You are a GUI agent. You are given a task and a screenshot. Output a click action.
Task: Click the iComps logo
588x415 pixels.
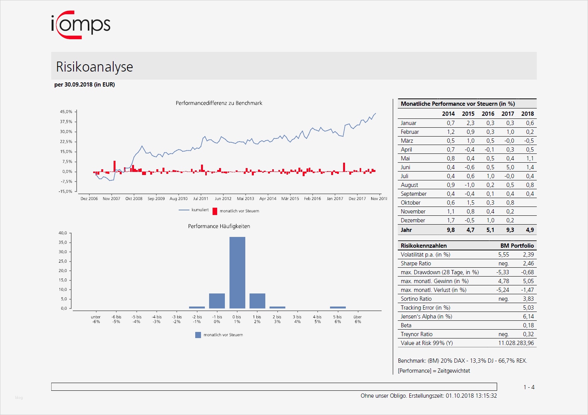coord(81,25)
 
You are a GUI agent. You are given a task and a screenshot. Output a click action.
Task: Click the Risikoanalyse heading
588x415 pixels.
coord(94,67)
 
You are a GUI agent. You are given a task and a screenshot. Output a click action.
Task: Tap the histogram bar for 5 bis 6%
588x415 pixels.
coord(338,307)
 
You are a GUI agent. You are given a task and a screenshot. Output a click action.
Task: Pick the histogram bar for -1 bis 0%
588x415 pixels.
coord(217,301)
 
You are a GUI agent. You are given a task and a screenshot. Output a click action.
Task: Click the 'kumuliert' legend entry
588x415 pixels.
coord(194,210)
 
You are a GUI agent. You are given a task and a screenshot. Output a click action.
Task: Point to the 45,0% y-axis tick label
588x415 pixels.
coord(66,112)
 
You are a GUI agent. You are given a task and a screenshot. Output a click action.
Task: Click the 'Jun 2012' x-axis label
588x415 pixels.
coord(223,199)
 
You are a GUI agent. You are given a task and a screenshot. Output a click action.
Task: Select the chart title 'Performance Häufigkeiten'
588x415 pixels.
coord(219,226)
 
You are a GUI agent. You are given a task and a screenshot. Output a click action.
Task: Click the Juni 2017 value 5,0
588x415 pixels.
coord(510,167)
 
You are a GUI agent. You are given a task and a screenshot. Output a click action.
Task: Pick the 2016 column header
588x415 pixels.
coord(488,114)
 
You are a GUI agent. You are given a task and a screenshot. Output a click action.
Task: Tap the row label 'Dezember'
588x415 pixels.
coord(413,220)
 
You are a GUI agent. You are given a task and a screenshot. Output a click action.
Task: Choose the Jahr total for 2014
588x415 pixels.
coord(451,230)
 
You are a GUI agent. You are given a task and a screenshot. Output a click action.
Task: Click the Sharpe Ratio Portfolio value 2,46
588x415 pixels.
coord(528,263)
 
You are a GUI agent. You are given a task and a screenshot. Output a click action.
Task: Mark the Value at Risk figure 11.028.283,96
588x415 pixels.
coord(516,343)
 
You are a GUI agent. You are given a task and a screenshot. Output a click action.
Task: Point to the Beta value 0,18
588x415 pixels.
coord(528,325)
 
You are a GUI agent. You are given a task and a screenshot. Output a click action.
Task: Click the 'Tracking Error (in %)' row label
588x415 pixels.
coord(425,308)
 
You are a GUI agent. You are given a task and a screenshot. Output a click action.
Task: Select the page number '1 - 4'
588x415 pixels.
coord(529,387)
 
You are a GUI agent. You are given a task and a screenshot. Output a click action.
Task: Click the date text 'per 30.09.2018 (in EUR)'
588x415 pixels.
coord(85,85)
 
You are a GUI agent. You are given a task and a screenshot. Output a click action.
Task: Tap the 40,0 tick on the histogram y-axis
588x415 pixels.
coord(63,233)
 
